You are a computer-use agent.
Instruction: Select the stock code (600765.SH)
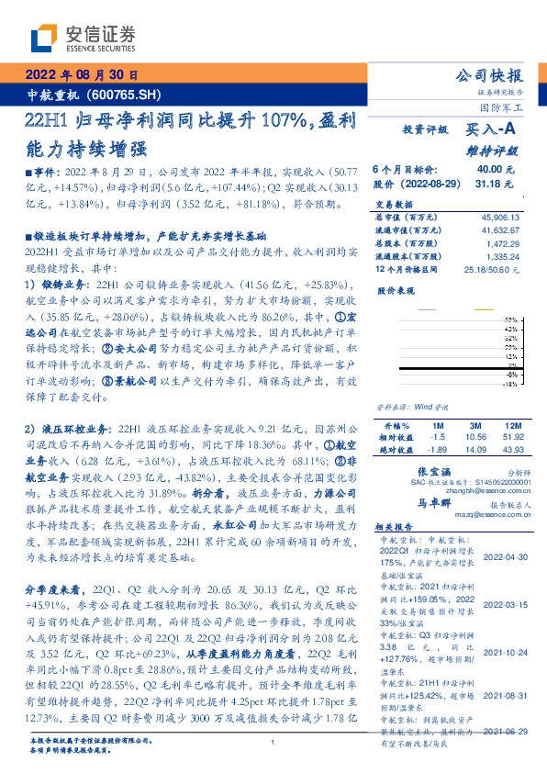(128, 93)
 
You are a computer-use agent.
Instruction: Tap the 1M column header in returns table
(436, 427)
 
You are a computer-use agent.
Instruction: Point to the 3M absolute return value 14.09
(474, 449)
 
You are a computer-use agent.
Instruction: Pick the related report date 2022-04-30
(504, 557)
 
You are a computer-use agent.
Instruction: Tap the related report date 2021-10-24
(504, 653)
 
